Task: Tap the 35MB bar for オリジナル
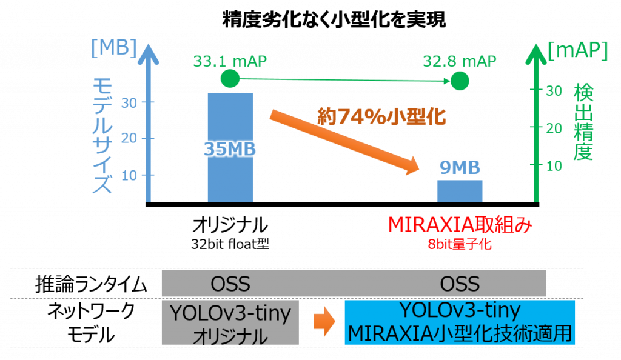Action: [230, 147]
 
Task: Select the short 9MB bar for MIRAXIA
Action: [460, 191]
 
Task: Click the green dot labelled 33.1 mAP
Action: [230, 78]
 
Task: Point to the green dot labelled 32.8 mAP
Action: [460, 81]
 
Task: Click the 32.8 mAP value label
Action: [460, 61]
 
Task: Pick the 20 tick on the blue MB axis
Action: [129, 138]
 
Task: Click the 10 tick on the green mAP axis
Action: [554, 166]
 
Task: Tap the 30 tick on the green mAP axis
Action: [554, 91]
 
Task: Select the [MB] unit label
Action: [114, 48]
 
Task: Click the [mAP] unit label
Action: [577, 50]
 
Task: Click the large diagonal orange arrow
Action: [344, 143]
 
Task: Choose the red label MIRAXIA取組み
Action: [460, 225]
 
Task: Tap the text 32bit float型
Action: [230, 244]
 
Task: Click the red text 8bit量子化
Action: [460, 244]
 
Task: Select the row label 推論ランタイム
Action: [91, 284]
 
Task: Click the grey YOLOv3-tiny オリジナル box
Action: [230, 323]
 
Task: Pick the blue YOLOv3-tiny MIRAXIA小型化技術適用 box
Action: [460, 322]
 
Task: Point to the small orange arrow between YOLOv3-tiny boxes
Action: [324, 321]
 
